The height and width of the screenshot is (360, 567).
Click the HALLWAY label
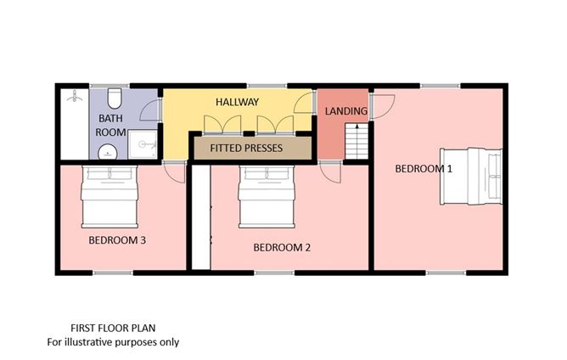pyautogui.click(x=237, y=102)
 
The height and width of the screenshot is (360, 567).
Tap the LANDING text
pyautogui.click(x=346, y=111)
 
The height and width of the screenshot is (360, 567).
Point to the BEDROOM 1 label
pyautogui.click(x=424, y=168)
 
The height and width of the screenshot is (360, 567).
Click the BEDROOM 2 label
pyautogui.click(x=283, y=248)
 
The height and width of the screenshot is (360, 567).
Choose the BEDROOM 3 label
pyautogui.click(x=118, y=239)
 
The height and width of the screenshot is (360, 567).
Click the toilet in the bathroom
pyautogui.click(x=113, y=95)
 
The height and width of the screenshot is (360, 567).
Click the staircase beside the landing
pyautogui.click(x=357, y=141)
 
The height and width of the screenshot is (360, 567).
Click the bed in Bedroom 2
pyautogui.click(x=266, y=197)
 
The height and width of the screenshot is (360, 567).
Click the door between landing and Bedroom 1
pyautogui.click(x=384, y=106)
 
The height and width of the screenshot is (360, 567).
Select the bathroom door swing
pyautogui.click(x=149, y=109)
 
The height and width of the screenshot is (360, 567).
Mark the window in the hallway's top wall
pyautogui.click(x=254, y=85)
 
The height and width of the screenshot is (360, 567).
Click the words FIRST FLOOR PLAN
pyautogui.click(x=113, y=327)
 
